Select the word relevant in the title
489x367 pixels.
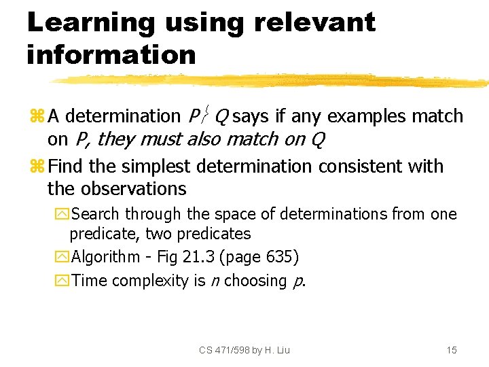pyautogui.click(x=314, y=23)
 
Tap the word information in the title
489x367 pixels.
pyautogui.click(x=111, y=54)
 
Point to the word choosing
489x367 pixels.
pyautogui.click(x=255, y=281)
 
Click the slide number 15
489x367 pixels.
pyautogui.click(x=452, y=350)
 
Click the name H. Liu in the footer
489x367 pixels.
pyautogui.click(x=277, y=350)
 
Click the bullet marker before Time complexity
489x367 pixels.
pyautogui.click(x=65, y=281)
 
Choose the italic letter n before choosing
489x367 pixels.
pyautogui.click(x=214, y=281)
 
